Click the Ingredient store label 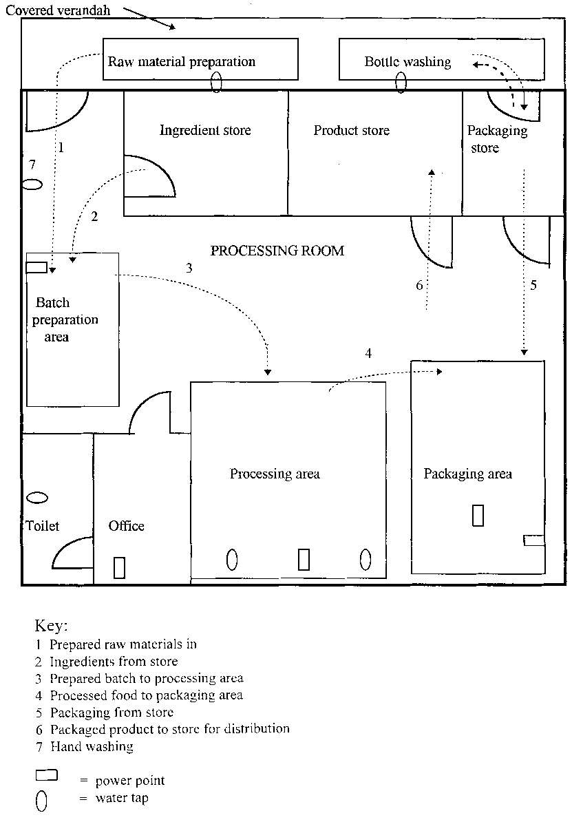[205, 130]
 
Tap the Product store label [351, 130]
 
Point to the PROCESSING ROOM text [277, 251]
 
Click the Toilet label [43, 526]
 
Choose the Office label [127, 526]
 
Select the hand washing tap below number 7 [32, 185]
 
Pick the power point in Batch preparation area [36, 267]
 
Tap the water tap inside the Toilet [37, 496]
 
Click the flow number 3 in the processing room [189, 268]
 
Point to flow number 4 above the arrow [368, 353]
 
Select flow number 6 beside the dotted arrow [419, 285]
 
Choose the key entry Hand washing [91, 746]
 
